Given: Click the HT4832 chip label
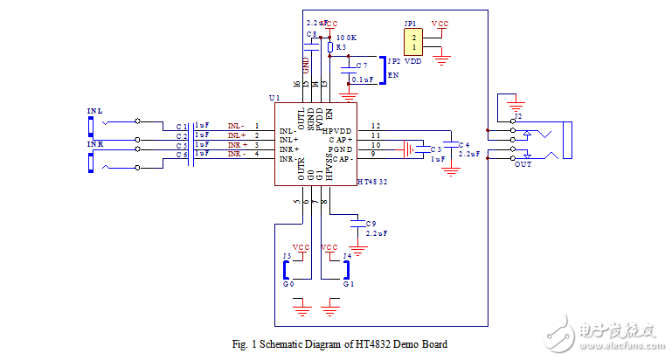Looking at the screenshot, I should (x=374, y=182).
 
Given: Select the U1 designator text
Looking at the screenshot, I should (x=274, y=98).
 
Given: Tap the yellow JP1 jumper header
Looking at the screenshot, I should (x=414, y=42).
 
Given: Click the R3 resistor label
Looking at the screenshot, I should (x=341, y=47).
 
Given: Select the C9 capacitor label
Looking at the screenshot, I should (x=371, y=224).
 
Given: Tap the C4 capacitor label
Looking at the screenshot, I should (x=463, y=144).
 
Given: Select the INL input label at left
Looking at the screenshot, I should (x=94, y=112).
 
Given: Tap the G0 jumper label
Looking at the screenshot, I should (x=288, y=284).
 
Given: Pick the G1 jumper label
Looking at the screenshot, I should (x=348, y=284).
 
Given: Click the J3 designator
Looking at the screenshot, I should (x=286, y=255).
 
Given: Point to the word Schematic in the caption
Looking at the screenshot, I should (x=281, y=344).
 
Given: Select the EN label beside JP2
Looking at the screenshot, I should (x=391, y=75).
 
